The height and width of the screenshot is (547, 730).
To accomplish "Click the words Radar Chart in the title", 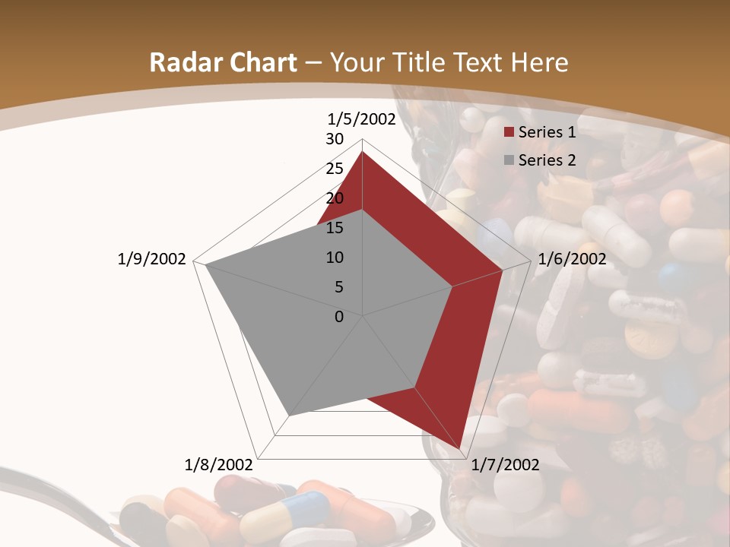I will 223,62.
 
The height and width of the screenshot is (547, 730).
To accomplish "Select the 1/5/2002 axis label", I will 361,119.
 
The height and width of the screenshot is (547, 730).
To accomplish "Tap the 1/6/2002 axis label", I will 572,259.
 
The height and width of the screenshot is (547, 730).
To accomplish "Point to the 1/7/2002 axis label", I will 505,465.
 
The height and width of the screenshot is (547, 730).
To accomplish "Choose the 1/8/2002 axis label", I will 218,465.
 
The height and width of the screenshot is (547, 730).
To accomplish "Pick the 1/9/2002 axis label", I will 151,259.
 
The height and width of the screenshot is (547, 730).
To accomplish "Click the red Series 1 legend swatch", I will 509,133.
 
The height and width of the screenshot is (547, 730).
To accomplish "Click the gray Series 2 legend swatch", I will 509,160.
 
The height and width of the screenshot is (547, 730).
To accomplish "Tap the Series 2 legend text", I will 547,160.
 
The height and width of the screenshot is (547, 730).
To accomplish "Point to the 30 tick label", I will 335,139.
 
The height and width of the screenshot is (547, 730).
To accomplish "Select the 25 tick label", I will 335,169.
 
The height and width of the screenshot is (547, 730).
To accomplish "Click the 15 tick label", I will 335,228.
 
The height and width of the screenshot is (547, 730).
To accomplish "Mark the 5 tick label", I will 338,287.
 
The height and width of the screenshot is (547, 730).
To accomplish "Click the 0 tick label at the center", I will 339,317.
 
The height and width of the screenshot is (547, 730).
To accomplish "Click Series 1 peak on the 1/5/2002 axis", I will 362,151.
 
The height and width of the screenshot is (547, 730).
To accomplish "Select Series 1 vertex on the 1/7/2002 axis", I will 460,448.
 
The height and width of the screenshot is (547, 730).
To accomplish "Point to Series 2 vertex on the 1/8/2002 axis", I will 289,416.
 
